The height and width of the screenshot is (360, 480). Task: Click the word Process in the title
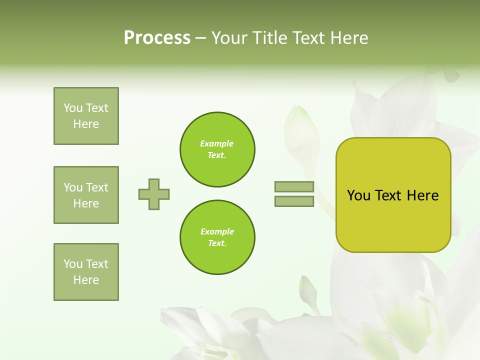tap(157, 38)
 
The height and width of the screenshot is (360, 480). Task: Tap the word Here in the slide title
tap(349, 38)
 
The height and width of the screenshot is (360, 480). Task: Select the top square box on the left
tap(86, 116)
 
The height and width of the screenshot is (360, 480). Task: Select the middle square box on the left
tap(86, 195)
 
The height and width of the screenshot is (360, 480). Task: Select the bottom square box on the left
tap(86, 272)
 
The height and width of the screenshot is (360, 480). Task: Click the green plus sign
tap(154, 194)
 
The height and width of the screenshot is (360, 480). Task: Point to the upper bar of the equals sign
tap(294, 186)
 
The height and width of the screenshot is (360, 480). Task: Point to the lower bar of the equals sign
tap(294, 201)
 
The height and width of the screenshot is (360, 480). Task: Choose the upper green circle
tap(217, 149)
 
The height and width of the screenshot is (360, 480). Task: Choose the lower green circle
tap(217, 237)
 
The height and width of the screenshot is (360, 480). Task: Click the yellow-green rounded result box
tap(393, 195)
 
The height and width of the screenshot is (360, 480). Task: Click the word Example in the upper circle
tap(217, 143)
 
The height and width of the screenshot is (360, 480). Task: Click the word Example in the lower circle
tap(217, 231)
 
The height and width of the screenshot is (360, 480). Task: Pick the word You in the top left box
tap(72, 108)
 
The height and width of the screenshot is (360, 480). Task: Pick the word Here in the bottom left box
tap(86, 280)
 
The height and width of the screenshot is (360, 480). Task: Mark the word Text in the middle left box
tap(97, 187)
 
